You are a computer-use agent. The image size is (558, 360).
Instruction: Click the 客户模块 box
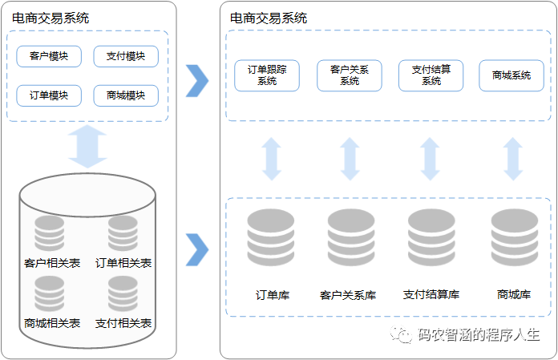click(x=49, y=56)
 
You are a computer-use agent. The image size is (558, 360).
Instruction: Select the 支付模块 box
click(x=126, y=56)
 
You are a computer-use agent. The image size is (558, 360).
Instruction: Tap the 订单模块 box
click(x=49, y=95)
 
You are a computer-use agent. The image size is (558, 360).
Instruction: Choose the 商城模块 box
click(x=126, y=95)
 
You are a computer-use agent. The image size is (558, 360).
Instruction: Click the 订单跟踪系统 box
click(x=267, y=75)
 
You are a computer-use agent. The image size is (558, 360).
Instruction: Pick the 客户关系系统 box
click(x=350, y=75)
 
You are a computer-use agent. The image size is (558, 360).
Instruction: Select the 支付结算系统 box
click(x=431, y=75)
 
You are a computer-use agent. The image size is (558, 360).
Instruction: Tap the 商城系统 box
click(x=511, y=75)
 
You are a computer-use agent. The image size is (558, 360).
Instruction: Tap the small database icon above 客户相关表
click(x=50, y=233)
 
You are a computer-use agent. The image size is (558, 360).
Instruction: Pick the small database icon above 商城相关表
click(x=50, y=294)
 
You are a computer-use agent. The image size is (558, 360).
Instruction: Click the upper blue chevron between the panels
click(x=196, y=79)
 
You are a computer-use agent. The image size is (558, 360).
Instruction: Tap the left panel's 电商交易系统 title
click(x=51, y=18)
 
